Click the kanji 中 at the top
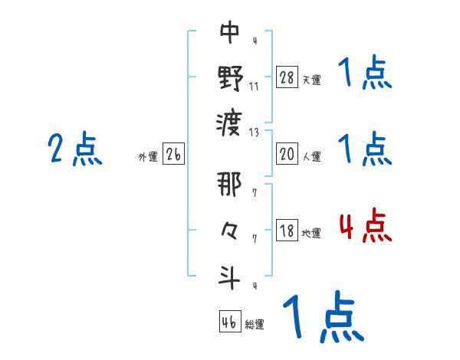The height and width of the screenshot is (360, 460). pyautogui.click(x=231, y=32)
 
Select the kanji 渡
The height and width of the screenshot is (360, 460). pyautogui.click(x=231, y=121)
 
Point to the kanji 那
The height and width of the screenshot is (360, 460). pyautogui.click(x=231, y=185)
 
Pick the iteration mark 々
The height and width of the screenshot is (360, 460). pyautogui.click(x=231, y=229)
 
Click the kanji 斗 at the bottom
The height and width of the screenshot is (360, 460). pyautogui.click(x=231, y=277)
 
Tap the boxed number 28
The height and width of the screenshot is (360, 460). pyautogui.click(x=287, y=77)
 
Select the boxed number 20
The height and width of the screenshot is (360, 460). pyautogui.click(x=287, y=154)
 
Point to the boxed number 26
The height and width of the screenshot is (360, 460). pyautogui.click(x=174, y=154)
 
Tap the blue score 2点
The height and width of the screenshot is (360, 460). pyautogui.click(x=75, y=149)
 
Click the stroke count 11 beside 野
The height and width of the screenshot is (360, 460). pyautogui.click(x=254, y=86)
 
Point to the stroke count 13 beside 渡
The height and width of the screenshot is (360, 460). pyautogui.click(x=254, y=132)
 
